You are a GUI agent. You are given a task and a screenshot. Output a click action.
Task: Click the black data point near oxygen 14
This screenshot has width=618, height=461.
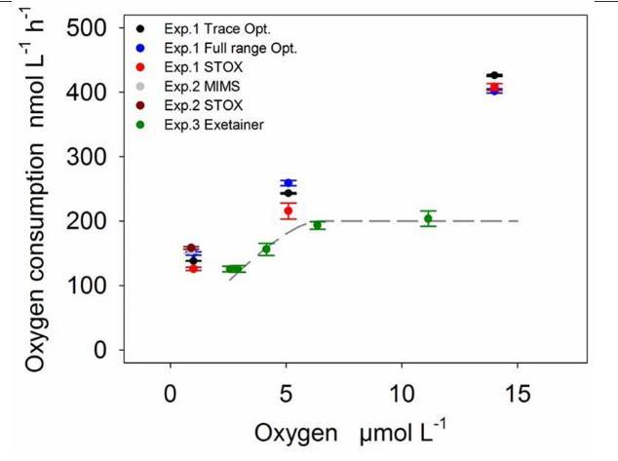click(x=494, y=75)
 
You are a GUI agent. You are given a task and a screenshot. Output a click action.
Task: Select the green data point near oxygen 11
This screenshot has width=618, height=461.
click(x=428, y=218)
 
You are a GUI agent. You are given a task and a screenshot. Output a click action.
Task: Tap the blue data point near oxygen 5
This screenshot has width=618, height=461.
click(x=287, y=183)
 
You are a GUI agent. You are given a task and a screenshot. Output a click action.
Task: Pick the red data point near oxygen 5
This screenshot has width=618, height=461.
click(x=288, y=211)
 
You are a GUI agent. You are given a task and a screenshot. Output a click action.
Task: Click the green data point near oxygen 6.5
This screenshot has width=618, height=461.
click(x=317, y=225)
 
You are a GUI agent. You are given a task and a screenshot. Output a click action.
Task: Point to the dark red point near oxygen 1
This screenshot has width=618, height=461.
click(x=191, y=248)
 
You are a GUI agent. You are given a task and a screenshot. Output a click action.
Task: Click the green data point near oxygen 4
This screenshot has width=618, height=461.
click(x=265, y=250)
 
